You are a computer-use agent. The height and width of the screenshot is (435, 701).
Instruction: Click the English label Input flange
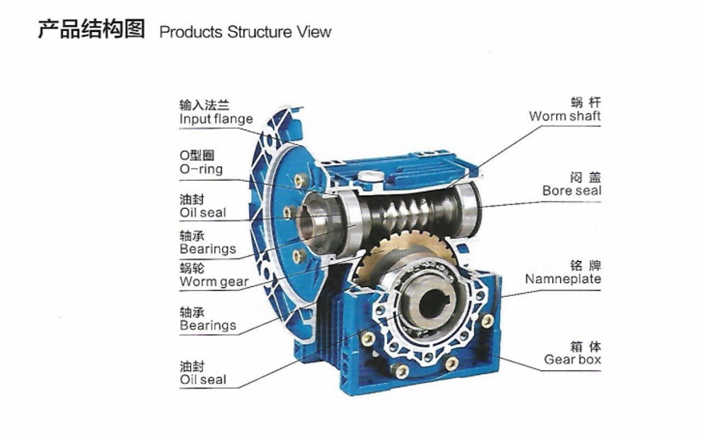pos(216,119)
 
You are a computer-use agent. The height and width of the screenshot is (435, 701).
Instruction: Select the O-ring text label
pos(201,169)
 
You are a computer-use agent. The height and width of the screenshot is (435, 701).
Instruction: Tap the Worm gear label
pos(214,281)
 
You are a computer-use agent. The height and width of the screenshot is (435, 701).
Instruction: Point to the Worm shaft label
pos(565,116)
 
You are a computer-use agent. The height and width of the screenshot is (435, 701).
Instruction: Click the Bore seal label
pos(572,190)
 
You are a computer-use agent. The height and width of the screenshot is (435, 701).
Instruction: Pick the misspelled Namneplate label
pos(562,278)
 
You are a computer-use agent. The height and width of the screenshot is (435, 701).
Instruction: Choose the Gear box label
pos(572,359)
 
